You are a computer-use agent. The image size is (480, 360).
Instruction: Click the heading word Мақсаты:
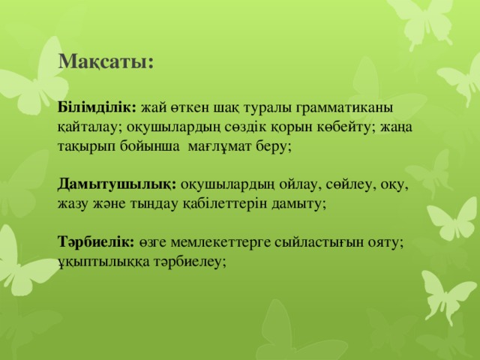tap(106, 61)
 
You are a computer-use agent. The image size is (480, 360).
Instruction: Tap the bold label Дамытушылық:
tap(116, 184)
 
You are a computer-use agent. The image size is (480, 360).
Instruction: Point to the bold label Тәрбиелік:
tap(95, 241)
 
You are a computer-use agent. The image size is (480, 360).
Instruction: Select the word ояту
tap(386, 241)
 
